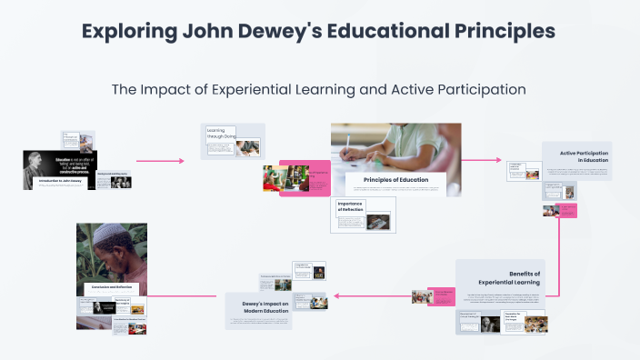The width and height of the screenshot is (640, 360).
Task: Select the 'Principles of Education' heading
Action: click(x=395, y=180)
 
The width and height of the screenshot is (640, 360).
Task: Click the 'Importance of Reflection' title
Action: click(x=350, y=206)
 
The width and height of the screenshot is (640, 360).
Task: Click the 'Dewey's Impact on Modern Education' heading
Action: click(x=264, y=306)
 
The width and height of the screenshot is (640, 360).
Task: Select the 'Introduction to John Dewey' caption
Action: click(x=60, y=181)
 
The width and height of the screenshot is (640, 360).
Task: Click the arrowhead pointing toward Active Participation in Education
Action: click(x=497, y=160)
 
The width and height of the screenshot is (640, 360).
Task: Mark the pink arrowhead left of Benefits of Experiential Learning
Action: click(x=337, y=295)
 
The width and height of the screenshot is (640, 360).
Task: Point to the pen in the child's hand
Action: click(x=348, y=145)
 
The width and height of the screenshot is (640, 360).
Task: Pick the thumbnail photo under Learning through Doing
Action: click(x=247, y=147)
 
